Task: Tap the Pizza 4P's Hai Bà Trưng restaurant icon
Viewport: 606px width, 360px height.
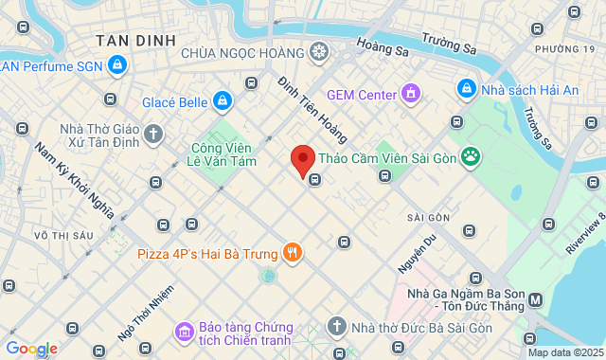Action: [x=293, y=253]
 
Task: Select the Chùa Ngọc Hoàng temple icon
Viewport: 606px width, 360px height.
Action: [x=319, y=51]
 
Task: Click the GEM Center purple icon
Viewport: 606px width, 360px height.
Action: [x=410, y=94]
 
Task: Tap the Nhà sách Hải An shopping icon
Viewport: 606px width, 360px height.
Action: [x=466, y=89]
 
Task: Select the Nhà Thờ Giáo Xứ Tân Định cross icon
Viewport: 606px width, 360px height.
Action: [x=153, y=135]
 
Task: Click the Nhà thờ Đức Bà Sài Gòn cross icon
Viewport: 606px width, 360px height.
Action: [x=336, y=328]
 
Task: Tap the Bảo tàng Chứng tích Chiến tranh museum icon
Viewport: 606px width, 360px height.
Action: [x=183, y=332]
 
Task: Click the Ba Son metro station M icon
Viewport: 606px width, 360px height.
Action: [x=536, y=300]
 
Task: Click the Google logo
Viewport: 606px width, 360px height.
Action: [x=31, y=348]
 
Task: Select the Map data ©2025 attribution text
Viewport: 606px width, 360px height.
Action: [x=564, y=352]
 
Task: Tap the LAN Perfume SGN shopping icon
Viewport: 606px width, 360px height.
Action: [x=116, y=65]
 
